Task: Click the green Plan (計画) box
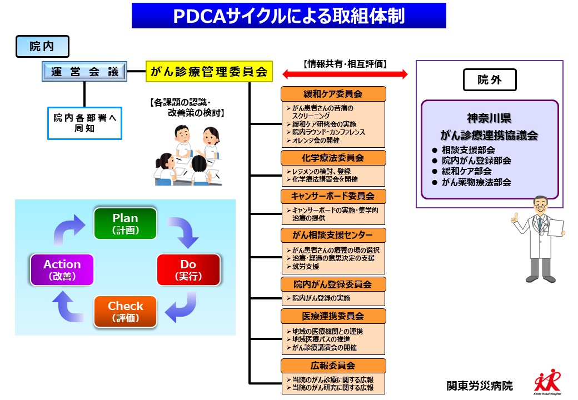126,223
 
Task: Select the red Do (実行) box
188,269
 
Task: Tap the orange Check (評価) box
126,312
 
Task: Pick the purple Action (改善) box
62,269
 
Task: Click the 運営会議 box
84,71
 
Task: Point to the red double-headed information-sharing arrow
345,74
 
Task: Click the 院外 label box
489,80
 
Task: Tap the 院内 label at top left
42,47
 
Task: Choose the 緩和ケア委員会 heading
332,93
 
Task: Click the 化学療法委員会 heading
332,158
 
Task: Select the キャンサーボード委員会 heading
332,196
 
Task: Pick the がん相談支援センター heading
332,234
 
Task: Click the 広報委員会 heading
332,366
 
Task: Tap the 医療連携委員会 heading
332,316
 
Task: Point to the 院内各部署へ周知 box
84,122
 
